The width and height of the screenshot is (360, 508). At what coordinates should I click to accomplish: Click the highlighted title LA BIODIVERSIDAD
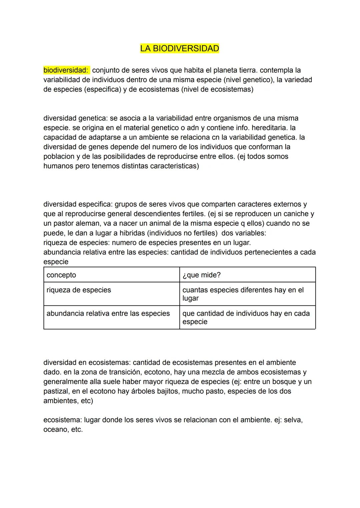pyautogui.click(x=179, y=49)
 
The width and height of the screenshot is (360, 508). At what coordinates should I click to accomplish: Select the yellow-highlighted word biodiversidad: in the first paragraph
pyautogui.click(x=66, y=70)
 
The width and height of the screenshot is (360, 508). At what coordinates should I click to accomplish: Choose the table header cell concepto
pyautogui.click(x=61, y=275)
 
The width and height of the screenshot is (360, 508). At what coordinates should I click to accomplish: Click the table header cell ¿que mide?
pyautogui.click(x=201, y=275)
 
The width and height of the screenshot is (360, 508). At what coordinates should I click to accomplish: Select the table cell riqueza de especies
pyautogui.click(x=79, y=290)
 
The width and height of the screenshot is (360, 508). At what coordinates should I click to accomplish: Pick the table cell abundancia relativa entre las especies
pyautogui.click(x=108, y=313)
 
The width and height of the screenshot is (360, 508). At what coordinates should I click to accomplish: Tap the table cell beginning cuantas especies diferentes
pyautogui.click(x=243, y=294)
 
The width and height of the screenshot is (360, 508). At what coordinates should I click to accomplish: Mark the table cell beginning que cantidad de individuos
pyautogui.click(x=246, y=317)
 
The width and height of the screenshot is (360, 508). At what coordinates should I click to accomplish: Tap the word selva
pyautogui.click(x=293, y=420)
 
